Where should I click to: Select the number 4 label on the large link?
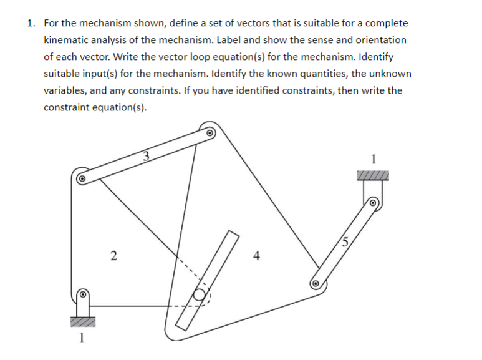pyautogui.click(x=256, y=255)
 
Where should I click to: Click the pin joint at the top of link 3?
pyautogui.click(x=210, y=132)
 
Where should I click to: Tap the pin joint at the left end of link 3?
pyautogui.click(x=81, y=177)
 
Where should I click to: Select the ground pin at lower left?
pyautogui.click(x=82, y=294)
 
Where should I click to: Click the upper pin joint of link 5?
pyautogui.click(x=373, y=203)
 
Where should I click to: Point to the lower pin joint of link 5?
pyautogui.click(x=316, y=284)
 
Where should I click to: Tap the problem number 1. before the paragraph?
pyautogui.click(x=31, y=23)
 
